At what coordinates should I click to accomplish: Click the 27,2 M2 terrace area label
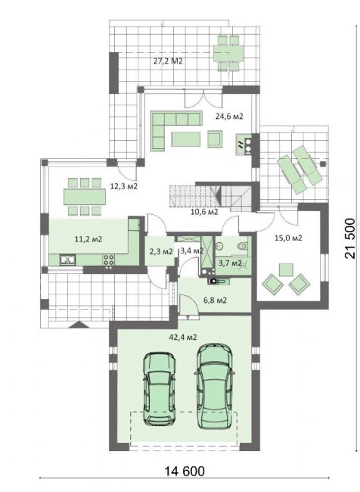click(x=168, y=61)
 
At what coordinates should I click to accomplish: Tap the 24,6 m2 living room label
click(x=229, y=117)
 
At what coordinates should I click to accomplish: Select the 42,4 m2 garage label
click(x=183, y=338)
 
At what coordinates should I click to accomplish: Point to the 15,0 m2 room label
click(x=288, y=238)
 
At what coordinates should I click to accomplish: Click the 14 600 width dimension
click(x=185, y=471)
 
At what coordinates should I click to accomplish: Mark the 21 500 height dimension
click(x=350, y=238)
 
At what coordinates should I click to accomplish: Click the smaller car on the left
click(x=160, y=388)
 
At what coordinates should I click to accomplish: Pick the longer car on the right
click(x=215, y=386)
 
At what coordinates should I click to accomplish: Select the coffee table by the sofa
click(x=185, y=139)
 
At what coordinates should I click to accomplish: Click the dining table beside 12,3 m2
click(x=85, y=197)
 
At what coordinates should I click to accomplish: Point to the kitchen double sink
click(x=68, y=260)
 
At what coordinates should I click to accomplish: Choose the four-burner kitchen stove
click(x=109, y=260)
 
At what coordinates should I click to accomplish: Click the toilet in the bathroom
click(x=243, y=246)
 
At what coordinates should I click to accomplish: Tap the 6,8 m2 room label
click(x=215, y=300)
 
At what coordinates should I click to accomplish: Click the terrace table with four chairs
click(x=228, y=53)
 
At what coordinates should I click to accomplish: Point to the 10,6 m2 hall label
click(x=204, y=211)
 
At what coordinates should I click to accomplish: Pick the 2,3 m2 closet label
click(x=161, y=251)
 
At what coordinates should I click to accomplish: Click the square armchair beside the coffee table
click(x=215, y=139)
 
